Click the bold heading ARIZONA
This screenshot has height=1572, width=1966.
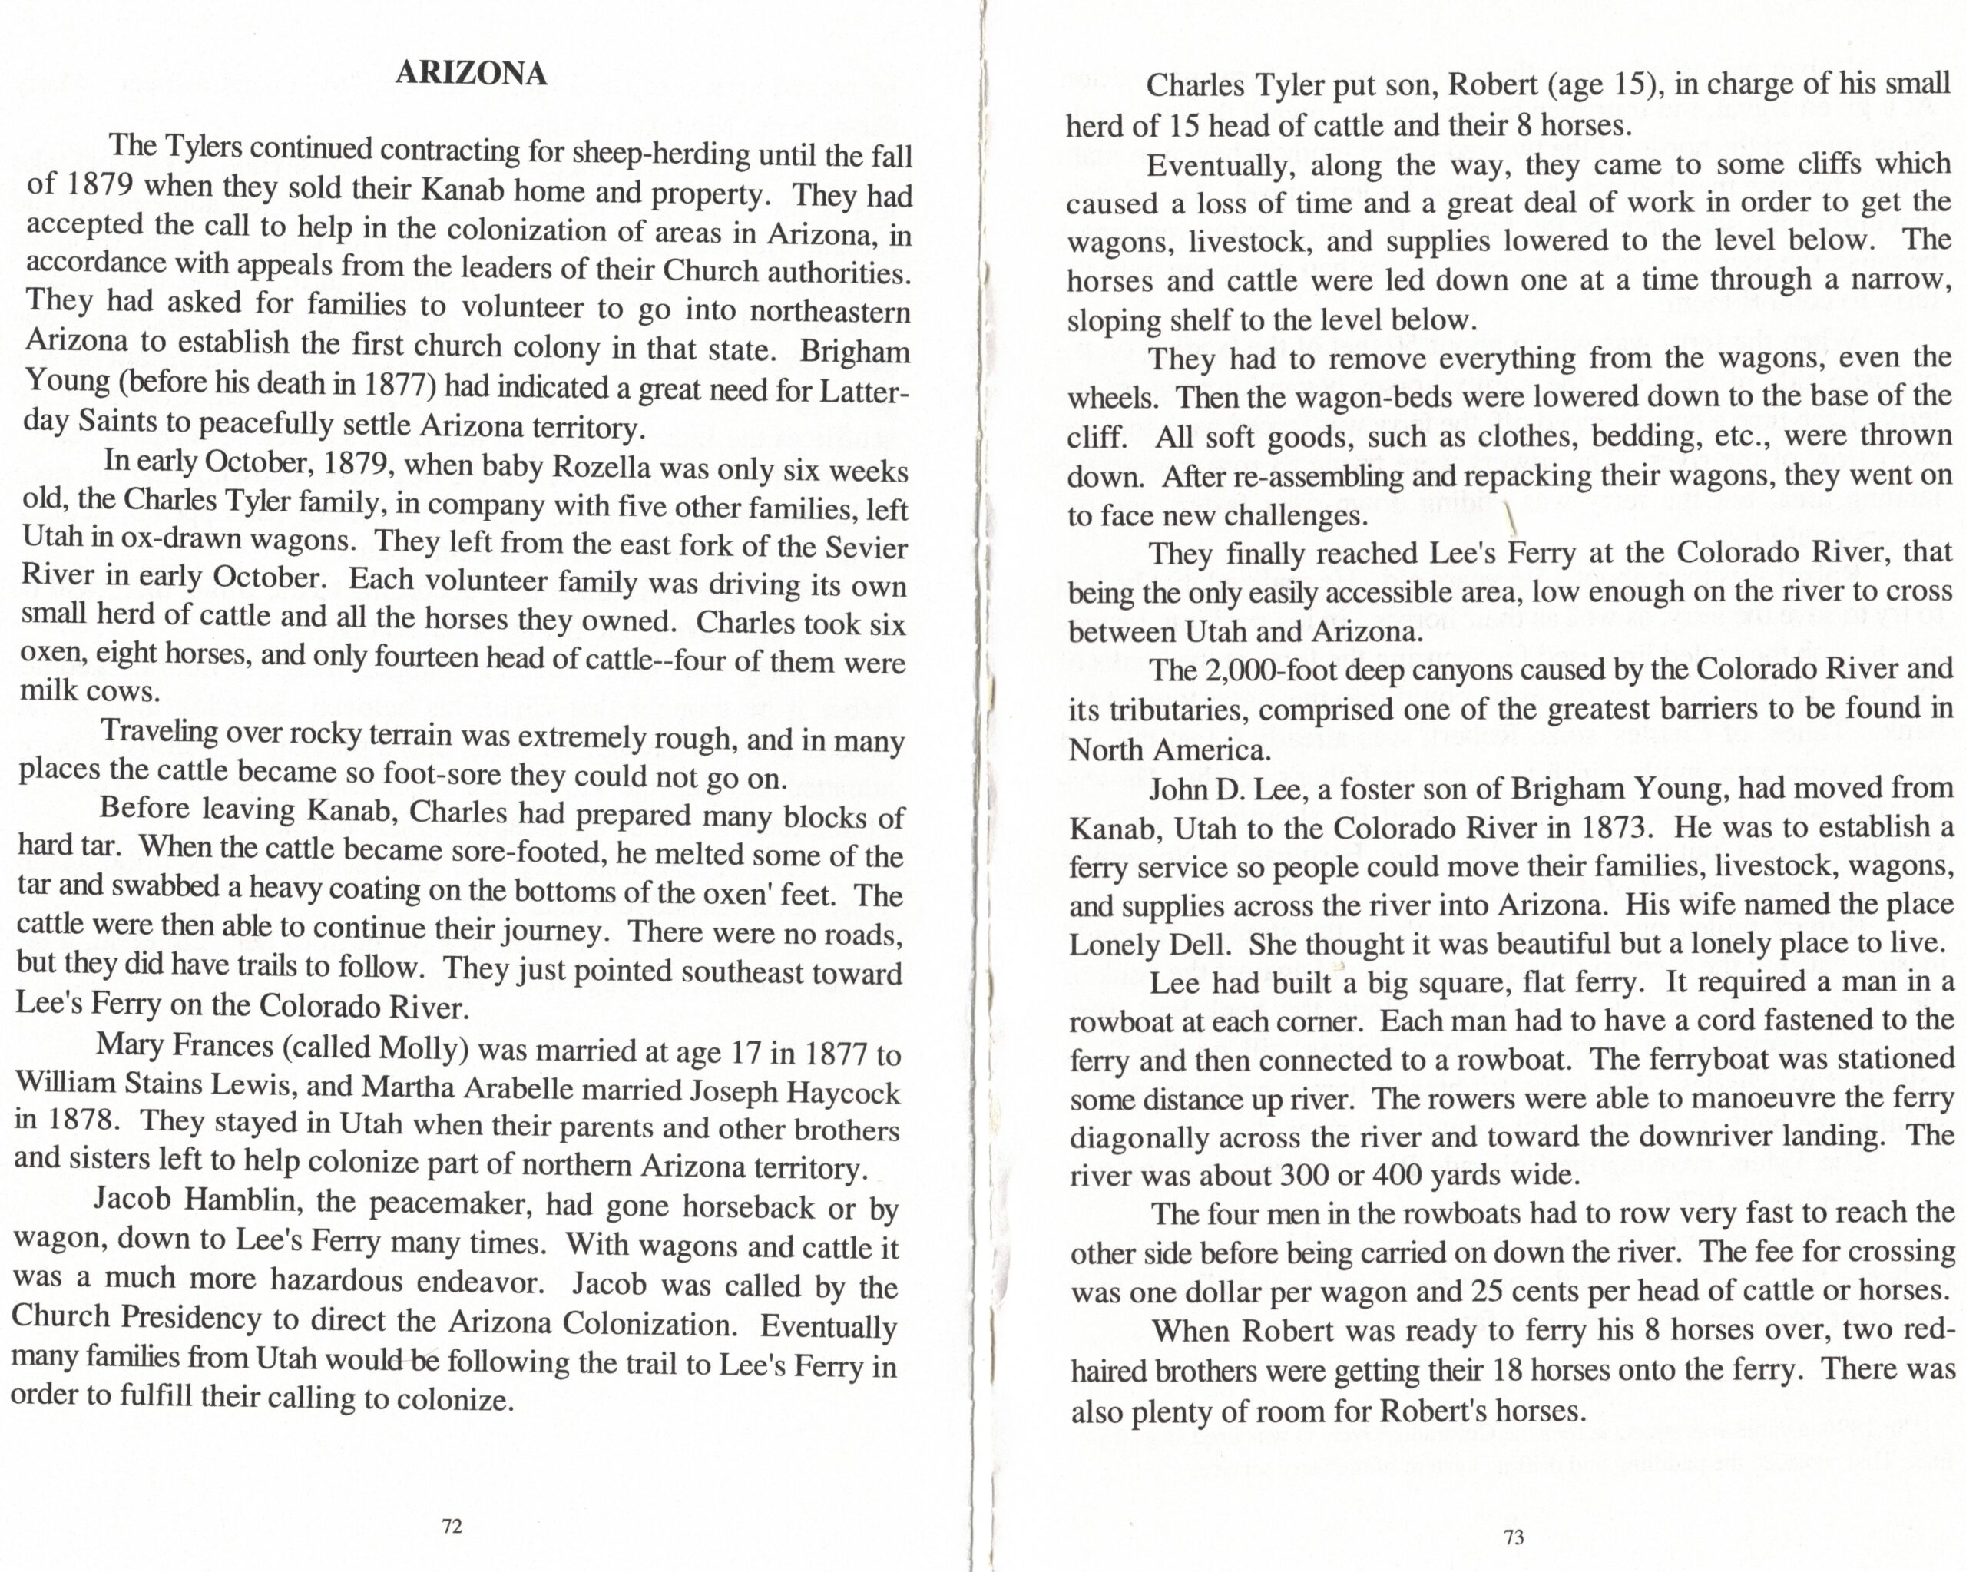click(471, 74)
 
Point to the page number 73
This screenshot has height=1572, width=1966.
click(1514, 1537)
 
